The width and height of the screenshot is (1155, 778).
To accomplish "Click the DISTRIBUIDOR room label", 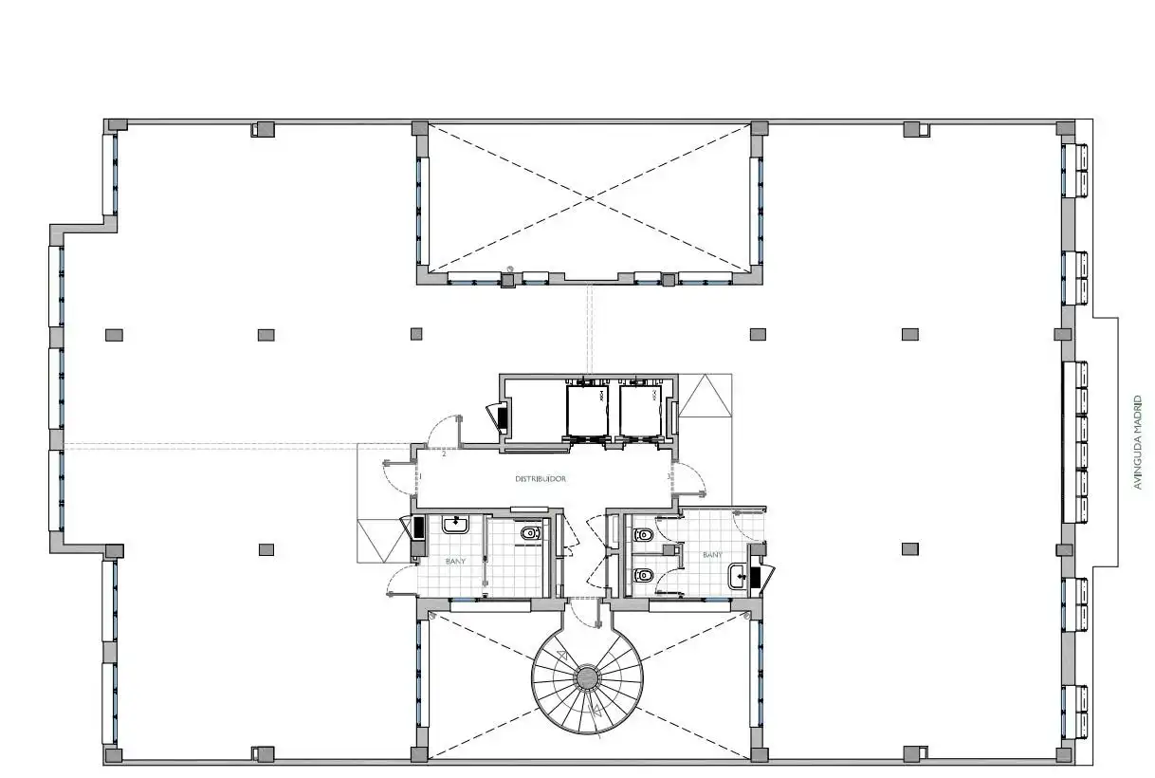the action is (541, 479).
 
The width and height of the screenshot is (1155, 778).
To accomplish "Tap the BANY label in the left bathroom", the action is (455, 562).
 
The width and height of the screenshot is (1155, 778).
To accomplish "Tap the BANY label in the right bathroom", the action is (712, 555).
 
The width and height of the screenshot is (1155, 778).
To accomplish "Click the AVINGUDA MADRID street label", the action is (1138, 442).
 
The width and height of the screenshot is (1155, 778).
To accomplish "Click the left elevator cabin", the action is (587, 411).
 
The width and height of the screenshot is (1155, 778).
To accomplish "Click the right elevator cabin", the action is (640, 411).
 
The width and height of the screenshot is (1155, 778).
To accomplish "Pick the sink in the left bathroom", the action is (455, 524).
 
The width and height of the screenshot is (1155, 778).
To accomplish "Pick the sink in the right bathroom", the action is (739, 576).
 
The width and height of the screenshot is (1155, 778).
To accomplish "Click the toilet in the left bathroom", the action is (531, 533).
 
